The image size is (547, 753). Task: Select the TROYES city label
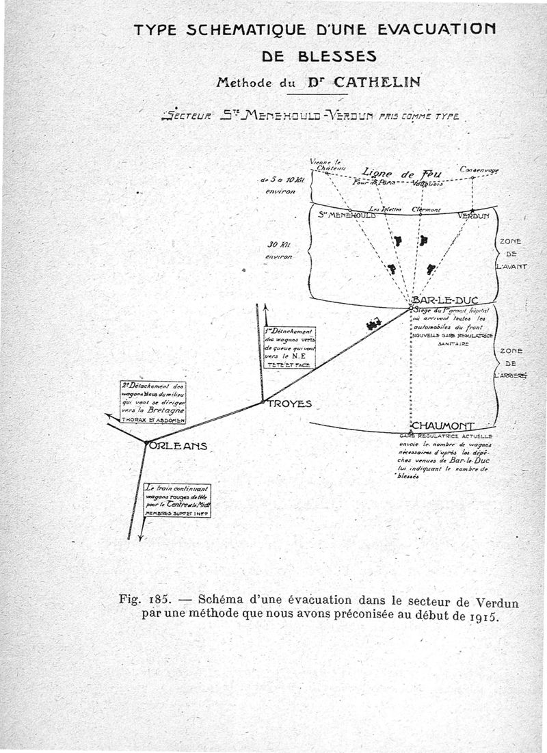[x=289, y=404]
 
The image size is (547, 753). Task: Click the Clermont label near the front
[x=426, y=209]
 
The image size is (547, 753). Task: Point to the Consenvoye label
[x=479, y=169]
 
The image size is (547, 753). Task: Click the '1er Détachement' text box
[x=290, y=347]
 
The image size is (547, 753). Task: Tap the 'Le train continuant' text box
[x=177, y=500]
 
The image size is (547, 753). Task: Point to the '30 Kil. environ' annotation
[x=279, y=250]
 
